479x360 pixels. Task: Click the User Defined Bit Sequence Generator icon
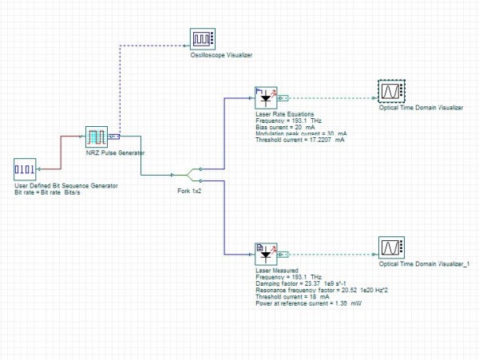[25, 169]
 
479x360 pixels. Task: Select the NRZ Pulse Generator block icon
[97, 136]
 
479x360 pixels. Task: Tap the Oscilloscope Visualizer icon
[203, 39]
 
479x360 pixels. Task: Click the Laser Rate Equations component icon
[266, 97]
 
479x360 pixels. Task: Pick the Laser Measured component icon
[266, 255]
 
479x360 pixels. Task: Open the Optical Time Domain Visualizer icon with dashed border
[392, 91]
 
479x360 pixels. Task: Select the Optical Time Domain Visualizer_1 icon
[392, 247]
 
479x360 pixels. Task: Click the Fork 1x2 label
[189, 191]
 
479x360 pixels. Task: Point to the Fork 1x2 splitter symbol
[187, 175]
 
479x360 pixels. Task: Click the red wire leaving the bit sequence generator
[61, 152]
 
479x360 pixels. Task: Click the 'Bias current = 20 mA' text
[285, 127]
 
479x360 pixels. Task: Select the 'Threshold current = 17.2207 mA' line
[300, 140]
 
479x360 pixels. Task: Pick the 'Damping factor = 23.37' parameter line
[301, 283]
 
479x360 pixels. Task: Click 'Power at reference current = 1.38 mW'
[308, 303]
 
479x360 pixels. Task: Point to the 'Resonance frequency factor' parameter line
[322, 290]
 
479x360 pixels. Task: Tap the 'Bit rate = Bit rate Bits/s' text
[47, 192]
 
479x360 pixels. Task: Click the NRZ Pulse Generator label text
[115, 152]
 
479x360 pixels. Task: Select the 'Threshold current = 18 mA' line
[293, 297]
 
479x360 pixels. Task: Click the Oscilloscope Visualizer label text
[221, 55]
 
